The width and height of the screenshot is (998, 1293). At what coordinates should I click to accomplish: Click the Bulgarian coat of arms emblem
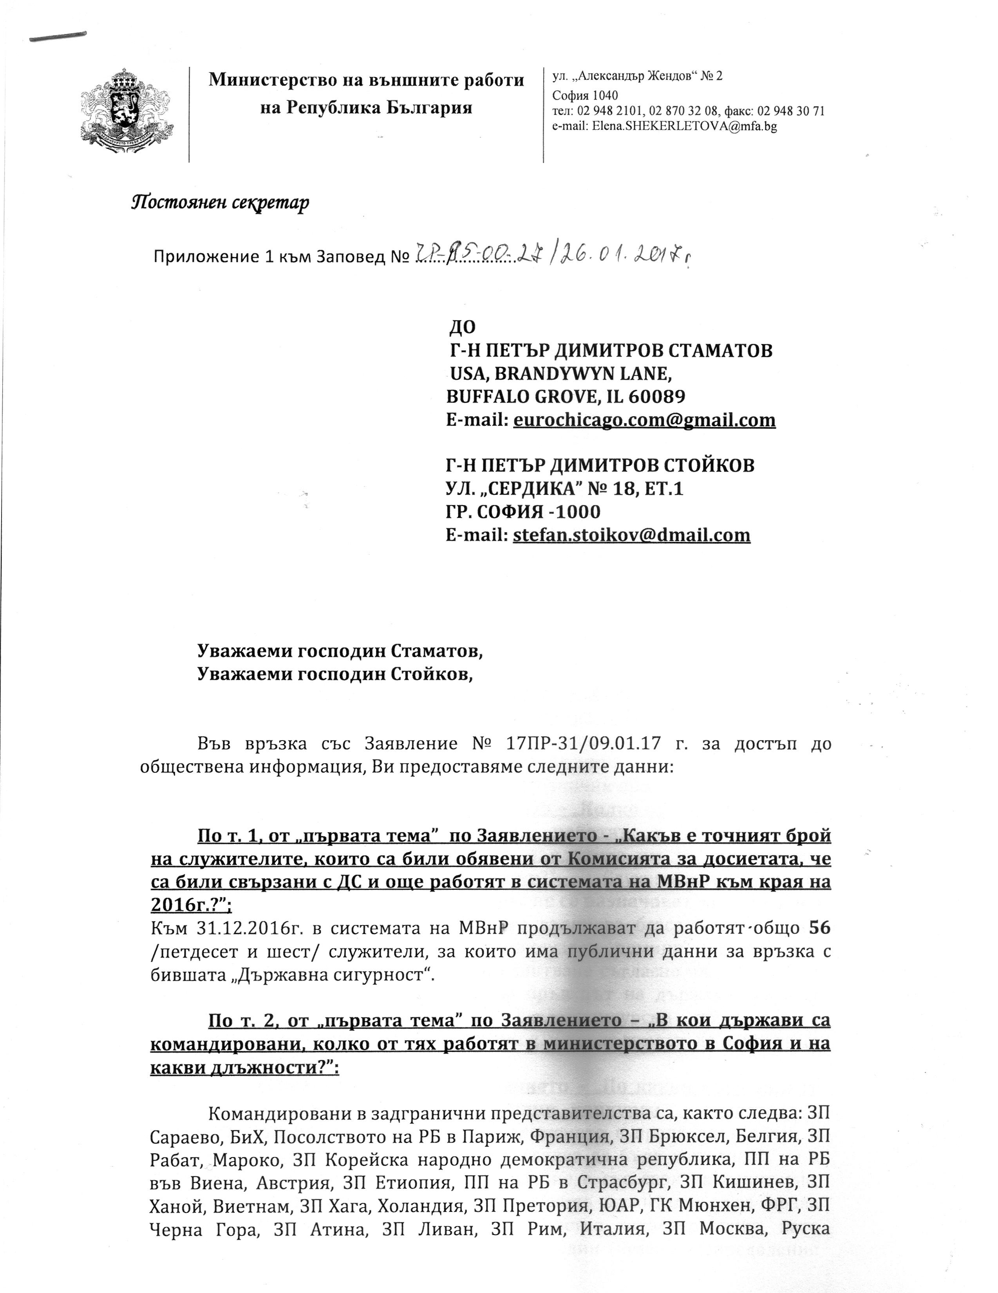pos(126,113)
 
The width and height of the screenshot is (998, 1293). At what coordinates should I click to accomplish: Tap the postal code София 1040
pos(585,95)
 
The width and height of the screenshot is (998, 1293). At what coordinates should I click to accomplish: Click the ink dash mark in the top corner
pos(58,37)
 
